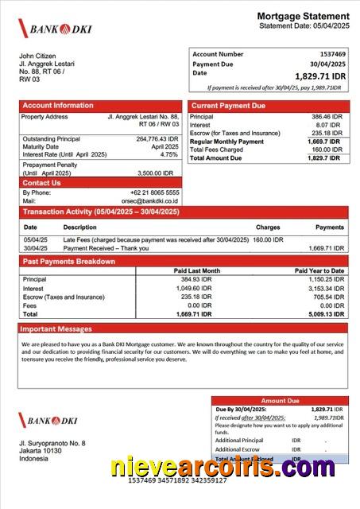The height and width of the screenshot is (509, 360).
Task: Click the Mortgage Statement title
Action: coord(303,16)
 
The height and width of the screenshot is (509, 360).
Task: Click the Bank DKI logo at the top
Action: coord(56,29)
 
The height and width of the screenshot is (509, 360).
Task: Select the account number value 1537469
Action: coord(327,54)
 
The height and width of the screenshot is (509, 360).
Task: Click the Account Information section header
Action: coord(58,106)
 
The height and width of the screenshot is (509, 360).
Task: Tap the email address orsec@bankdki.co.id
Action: coord(150,201)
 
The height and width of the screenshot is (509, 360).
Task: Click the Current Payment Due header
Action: coord(229,106)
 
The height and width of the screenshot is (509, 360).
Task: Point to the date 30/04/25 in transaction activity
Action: coord(36,248)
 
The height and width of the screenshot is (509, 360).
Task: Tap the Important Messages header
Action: coord(56,328)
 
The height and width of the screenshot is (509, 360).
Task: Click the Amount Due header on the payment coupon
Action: coord(280,401)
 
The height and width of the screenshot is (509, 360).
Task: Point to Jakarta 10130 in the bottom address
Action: coord(41,451)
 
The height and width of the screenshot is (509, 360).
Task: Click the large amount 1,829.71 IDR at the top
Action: coord(320,76)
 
